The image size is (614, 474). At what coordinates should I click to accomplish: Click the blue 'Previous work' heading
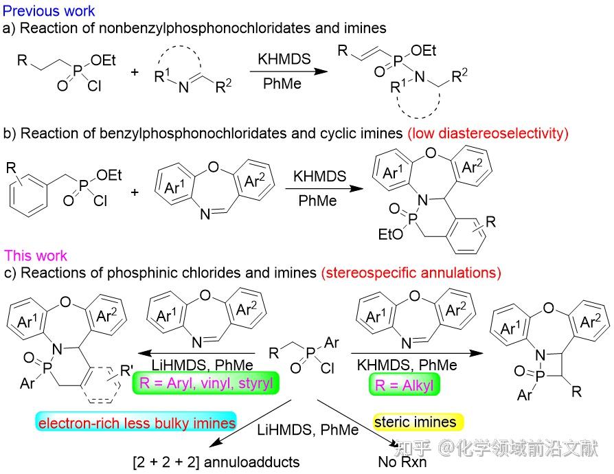pyautogui.click(x=49, y=10)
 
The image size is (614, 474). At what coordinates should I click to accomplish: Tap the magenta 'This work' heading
pyautogui.click(x=36, y=256)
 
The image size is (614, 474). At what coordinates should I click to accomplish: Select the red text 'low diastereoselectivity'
pyautogui.click(x=488, y=133)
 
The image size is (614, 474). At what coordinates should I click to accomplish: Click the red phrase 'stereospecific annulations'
pyautogui.click(x=411, y=273)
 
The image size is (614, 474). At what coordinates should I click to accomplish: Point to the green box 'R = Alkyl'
pyautogui.click(x=405, y=385)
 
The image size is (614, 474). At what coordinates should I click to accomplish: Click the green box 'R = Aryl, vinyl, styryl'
pyautogui.click(x=206, y=383)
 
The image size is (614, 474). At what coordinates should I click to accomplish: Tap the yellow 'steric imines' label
pyautogui.click(x=418, y=422)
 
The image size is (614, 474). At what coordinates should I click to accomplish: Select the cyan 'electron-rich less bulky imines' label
pyautogui.click(x=136, y=422)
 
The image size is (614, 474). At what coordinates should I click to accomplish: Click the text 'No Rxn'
pyautogui.click(x=402, y=462)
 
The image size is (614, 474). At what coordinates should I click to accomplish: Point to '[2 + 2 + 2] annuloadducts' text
pyautogui.click(x=216, y=462)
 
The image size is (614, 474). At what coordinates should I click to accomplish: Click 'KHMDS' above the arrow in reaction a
pyautogui.click(x=284, y=59)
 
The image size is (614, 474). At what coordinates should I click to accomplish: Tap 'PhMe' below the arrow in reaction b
pyautogui.click(x=317, y=201)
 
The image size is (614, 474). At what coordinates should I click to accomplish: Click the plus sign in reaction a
pyautogui.click(x=135, y=72)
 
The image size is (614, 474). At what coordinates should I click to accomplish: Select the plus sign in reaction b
pyautogui.click(x=135, y=193)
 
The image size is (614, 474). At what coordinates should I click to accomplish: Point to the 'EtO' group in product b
pyautogui.click(x=390, y=234)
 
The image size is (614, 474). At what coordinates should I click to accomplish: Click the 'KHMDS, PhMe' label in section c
pyautogui.click(x=407, y=365)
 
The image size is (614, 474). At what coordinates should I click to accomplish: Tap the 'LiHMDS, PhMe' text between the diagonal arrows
pyautogui.click(x=308, y=430)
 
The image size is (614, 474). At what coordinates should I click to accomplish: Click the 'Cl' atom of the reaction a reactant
pyautogui.click(x=94, y=86)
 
